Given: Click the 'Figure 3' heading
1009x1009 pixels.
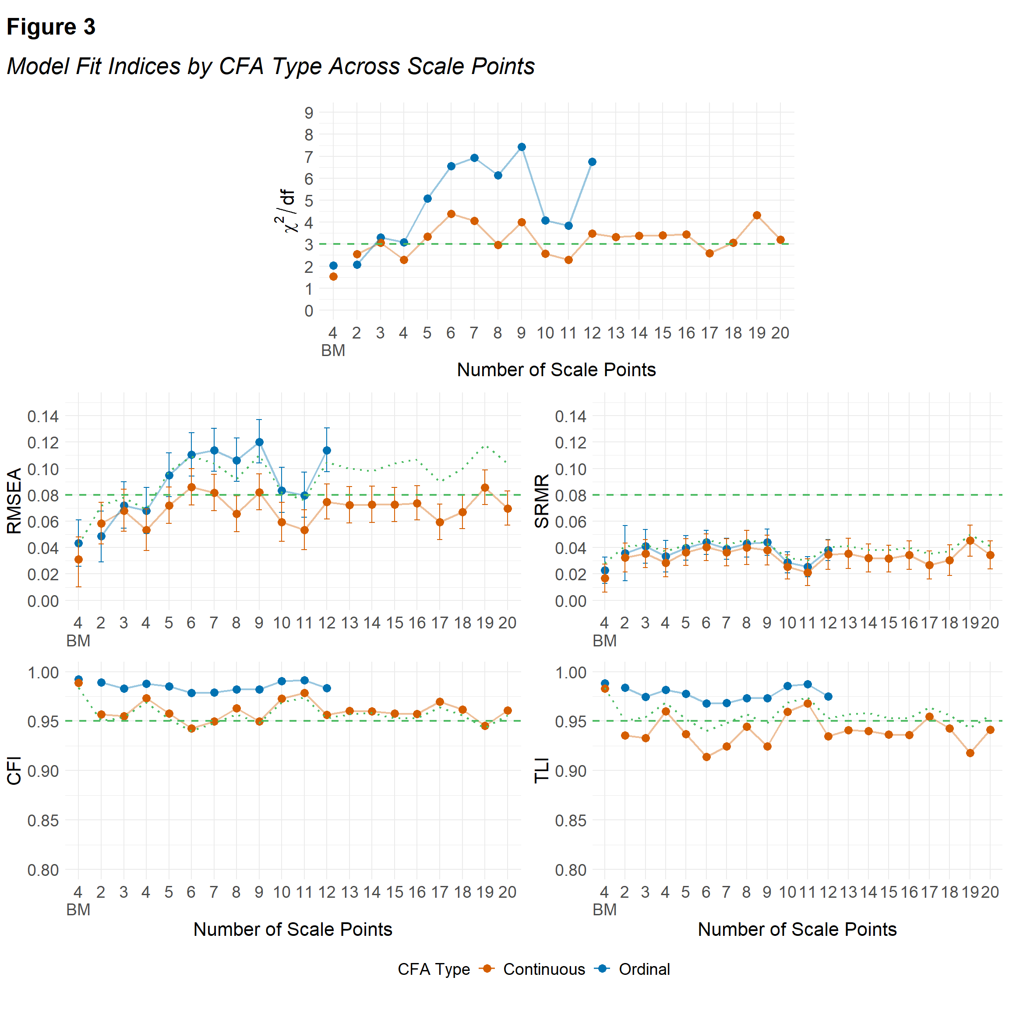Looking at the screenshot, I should (51, 27).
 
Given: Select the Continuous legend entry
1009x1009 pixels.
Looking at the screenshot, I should (543, 969).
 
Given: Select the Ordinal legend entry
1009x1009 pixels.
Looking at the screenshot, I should (643, 969).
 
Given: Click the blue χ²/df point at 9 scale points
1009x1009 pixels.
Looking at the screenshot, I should (521, 147).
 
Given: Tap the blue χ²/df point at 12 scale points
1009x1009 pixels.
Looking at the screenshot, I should (592, 162).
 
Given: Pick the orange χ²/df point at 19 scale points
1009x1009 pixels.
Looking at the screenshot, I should (757, 215).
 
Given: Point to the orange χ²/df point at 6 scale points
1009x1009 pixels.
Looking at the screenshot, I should (451, 214).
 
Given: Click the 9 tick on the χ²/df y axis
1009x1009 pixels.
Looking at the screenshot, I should (309, 113).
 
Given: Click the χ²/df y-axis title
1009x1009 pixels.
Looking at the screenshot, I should (286, 211).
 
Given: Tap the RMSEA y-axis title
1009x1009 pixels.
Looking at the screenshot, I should (14, 501).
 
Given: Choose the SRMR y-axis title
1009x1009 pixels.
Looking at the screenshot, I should (542, 501).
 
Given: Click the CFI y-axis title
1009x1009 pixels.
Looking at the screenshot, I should (14, 770).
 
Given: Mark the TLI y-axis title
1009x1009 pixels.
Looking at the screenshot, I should (542, 770).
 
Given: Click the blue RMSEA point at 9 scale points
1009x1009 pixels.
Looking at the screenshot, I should (259, 442).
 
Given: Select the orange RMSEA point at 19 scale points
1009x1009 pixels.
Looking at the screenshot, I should (485, 488).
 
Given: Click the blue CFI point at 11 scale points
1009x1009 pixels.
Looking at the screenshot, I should (304, 681).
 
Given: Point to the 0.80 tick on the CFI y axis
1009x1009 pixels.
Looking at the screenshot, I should (43, 870).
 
